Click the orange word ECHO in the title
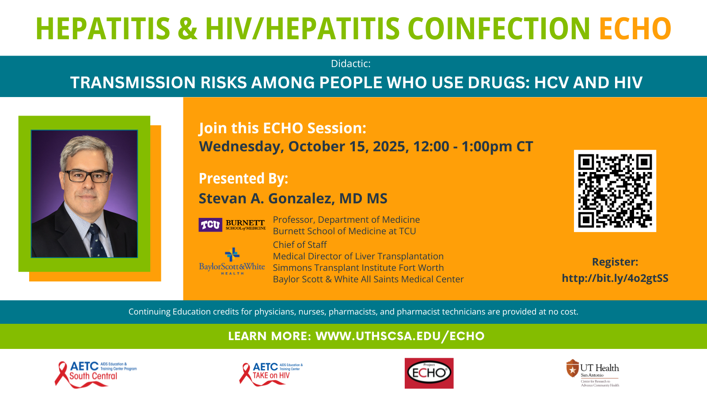(635, 29)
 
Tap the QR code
(615, 191)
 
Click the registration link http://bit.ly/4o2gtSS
(615, 278)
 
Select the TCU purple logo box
(210, 225)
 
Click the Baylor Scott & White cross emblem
(232, 255)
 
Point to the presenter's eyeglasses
(87, 176)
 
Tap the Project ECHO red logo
(429, 373)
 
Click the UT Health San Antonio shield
(572, 368)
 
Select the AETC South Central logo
(95, 375)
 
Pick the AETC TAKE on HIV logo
(271, 374)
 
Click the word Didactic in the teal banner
(350, 64)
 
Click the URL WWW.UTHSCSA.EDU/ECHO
(400, 336)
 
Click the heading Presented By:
(243, 179)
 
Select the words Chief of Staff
(300, 245)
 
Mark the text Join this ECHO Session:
(282, 128)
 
